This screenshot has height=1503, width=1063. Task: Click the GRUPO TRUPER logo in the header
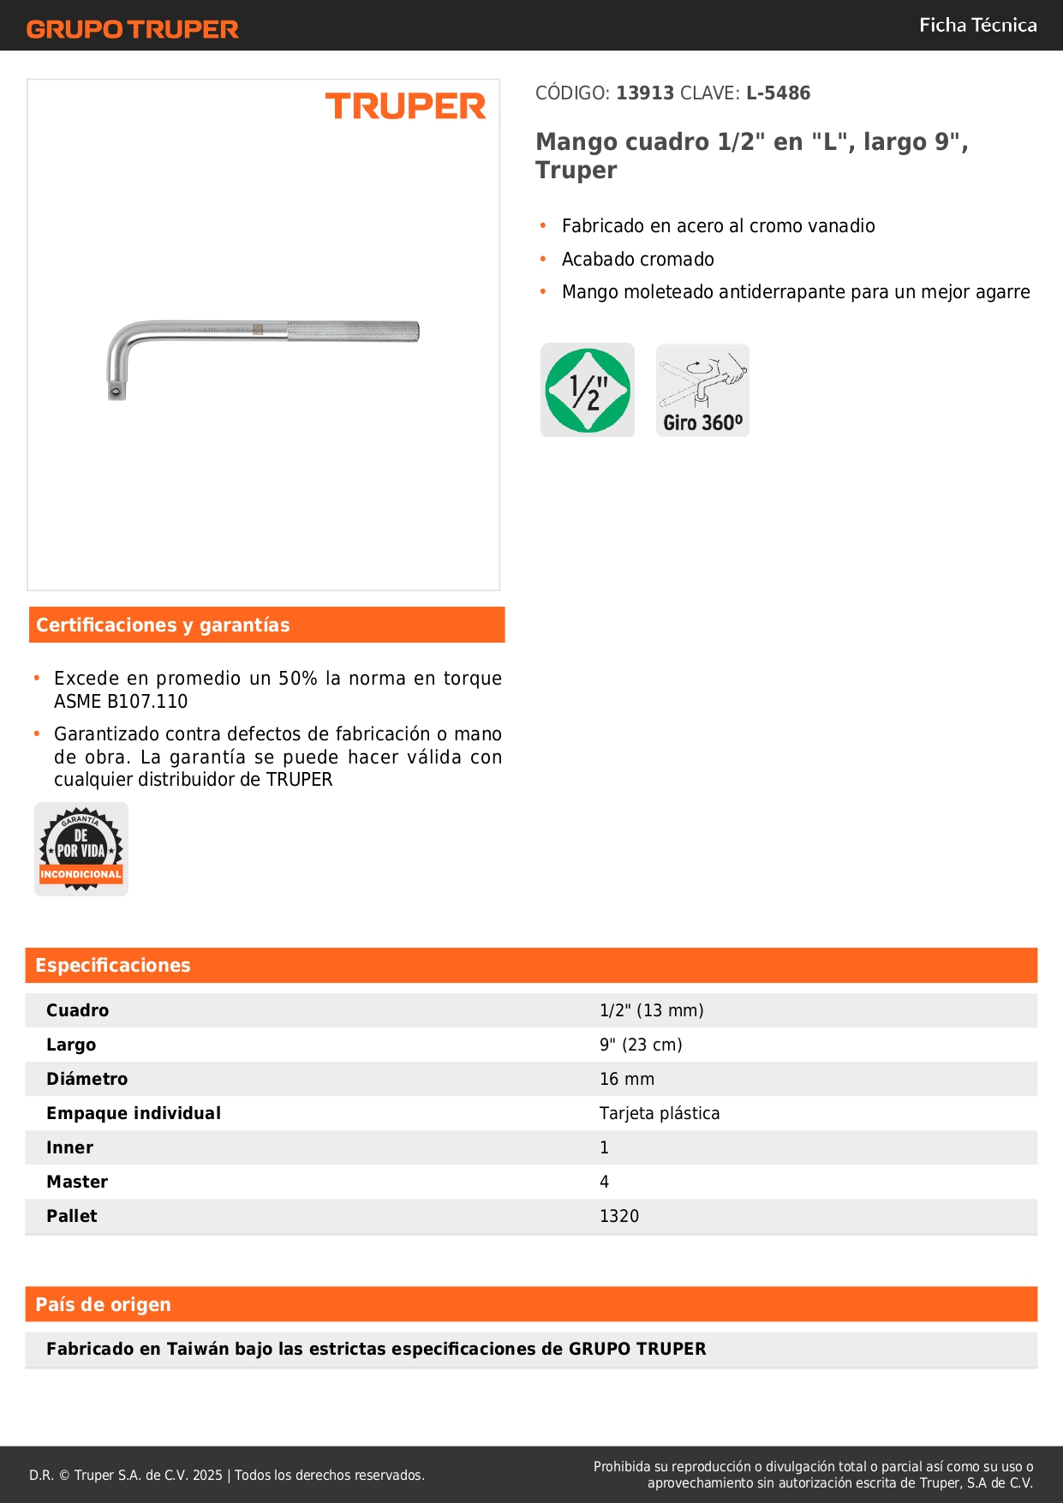(132, 29)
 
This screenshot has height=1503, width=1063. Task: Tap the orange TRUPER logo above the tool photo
(405, 106)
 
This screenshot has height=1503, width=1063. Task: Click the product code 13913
(645, 93)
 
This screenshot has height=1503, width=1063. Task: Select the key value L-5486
(778, 93)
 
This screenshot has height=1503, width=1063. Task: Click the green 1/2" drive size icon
(588, 390)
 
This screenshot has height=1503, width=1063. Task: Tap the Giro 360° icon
(702, 391)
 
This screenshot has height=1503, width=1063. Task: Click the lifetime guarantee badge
(81, 849)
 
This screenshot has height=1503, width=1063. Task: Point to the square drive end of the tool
(116, 391)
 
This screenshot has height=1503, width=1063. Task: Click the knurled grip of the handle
(353, 332)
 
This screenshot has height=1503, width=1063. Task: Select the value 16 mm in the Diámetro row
(627, 1079)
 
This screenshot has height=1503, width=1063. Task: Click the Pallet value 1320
(619, 1216)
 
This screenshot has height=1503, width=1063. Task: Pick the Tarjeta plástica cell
(660, 1113)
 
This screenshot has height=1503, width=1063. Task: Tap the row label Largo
(71, 1045)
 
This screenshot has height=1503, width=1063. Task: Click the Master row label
(77, 1182)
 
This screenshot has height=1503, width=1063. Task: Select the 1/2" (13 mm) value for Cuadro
(652, 1010)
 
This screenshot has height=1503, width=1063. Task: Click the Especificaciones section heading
(113, 965)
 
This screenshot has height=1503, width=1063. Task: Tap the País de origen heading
(104, 1304)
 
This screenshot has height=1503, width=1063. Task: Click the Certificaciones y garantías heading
(163, 625)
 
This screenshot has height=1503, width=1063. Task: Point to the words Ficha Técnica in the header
(977, 25)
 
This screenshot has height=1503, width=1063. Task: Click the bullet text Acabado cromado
(638, 259)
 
